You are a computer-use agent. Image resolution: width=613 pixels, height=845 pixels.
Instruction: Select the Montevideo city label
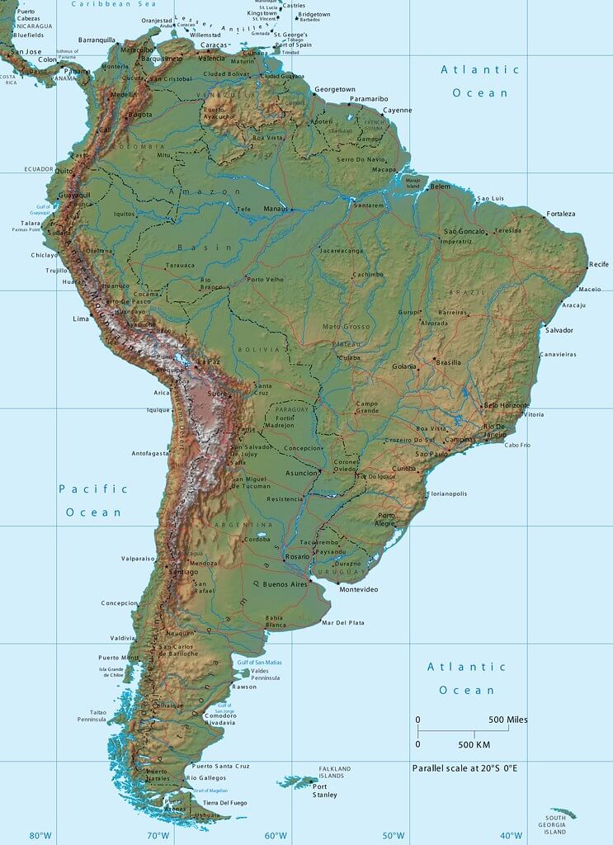point(359,589)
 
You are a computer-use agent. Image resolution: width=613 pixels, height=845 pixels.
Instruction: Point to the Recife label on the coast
point(598,264)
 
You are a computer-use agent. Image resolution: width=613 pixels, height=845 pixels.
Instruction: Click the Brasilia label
point(448,362)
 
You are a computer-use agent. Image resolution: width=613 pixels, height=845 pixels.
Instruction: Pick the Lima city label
point(81,319)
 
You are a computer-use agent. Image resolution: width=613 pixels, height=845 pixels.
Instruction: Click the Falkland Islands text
point(335,772)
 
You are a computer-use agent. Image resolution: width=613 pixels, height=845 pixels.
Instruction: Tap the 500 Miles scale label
point(507,720)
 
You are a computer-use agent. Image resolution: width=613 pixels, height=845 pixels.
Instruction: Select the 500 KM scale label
point(475,744)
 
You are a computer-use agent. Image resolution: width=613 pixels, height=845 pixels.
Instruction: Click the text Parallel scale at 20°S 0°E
point(464,768)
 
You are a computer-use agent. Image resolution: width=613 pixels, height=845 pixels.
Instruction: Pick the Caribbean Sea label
point(114,4)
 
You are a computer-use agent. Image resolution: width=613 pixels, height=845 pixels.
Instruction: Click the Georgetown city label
point(334,89)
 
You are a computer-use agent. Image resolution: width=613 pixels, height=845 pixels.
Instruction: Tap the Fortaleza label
point(560,214)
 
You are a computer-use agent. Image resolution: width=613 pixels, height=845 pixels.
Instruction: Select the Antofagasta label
point(150,453)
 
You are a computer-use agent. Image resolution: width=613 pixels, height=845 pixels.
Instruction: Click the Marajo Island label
point(412,182)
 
